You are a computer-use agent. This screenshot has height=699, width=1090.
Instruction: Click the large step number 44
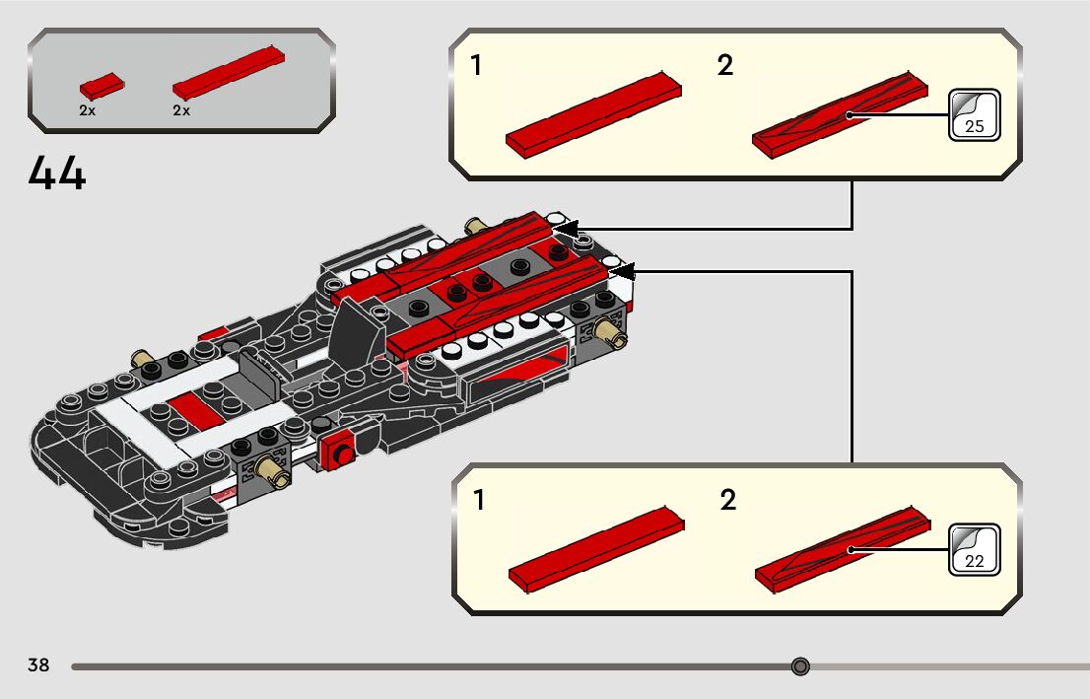(x=58, y=174)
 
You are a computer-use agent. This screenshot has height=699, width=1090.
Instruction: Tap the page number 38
(x=38, y=665)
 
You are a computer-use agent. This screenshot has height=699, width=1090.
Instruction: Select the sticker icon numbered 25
(x=974, y=115)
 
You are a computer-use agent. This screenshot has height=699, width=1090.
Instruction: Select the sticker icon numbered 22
(x=974, y=549)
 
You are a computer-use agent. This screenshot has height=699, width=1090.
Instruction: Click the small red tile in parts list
(x=102, y=87)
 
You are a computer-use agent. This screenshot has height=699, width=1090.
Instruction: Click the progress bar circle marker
(x=800, y=666)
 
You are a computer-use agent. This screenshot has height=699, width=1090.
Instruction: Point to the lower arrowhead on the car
(x=622, y=267)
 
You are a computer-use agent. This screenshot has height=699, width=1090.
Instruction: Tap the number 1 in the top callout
(x=477, y=66)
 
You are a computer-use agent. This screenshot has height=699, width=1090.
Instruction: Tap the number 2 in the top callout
(x=725, y=66)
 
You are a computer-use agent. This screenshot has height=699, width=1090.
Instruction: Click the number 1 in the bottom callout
(x=479, y=500)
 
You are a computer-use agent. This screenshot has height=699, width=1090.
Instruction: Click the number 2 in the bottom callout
(x=728, y=500)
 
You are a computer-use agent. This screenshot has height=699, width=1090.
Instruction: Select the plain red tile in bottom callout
(x=596, y=550)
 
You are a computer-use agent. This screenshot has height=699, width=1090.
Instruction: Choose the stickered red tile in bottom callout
(x=843, y=550)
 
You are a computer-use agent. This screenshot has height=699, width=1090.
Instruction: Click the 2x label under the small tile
(x=88, y=111)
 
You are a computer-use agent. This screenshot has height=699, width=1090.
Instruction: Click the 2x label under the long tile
(x=181, y=111)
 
